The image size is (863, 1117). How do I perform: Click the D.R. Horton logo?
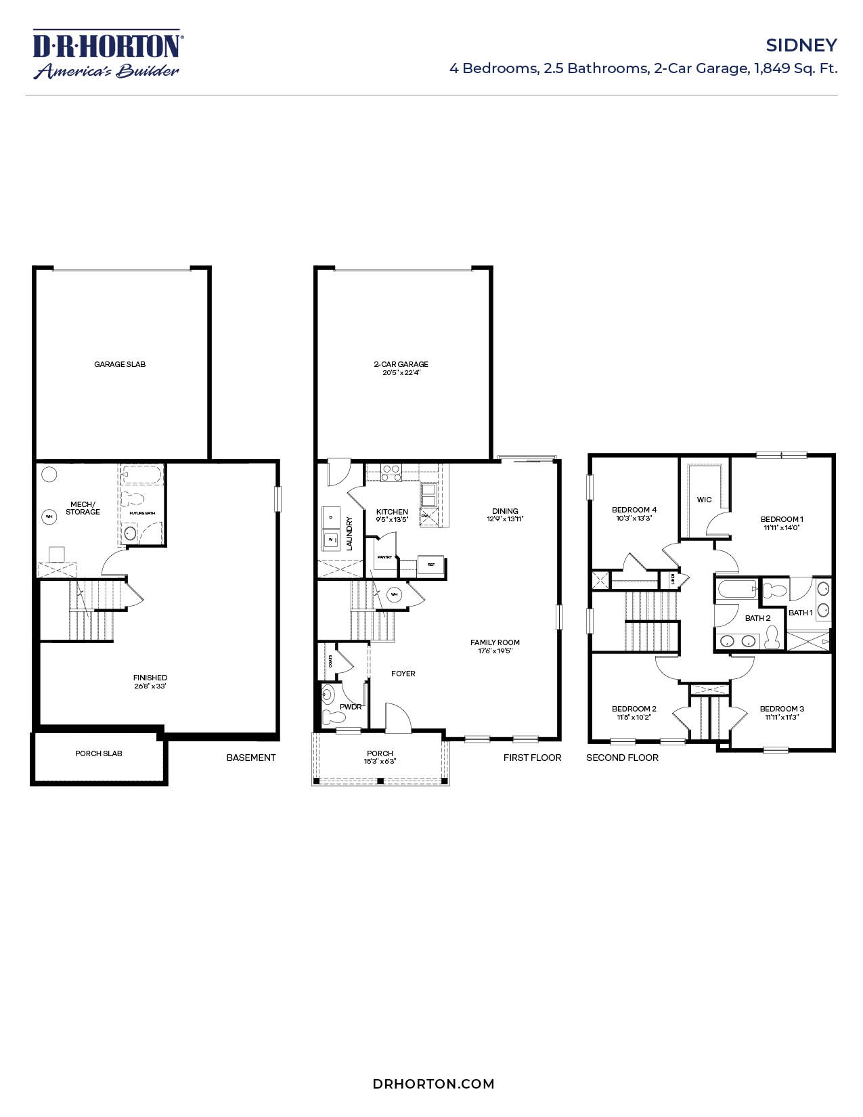[107, 54]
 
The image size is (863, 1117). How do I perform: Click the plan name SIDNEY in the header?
[801, 45]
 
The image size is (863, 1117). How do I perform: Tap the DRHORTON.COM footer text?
[433, 1083]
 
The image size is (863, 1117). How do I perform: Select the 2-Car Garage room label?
[401, 364]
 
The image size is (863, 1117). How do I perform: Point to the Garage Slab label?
[120, 364]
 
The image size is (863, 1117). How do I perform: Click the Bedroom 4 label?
[634, 510]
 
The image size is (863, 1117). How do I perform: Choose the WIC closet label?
[704, 500]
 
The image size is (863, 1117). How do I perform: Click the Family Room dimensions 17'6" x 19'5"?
[495, 651]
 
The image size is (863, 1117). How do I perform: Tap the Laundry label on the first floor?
[350, 533]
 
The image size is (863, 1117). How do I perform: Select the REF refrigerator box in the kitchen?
[430, 564]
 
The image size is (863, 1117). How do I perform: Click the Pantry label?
[384, 557]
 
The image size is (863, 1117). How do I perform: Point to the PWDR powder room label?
[351, 707]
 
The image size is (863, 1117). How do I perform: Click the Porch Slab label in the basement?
[99, 753]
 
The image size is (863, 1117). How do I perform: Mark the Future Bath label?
[142, 513]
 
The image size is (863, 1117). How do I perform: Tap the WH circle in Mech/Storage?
[49, 517]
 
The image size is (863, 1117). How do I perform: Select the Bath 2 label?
[757, 618]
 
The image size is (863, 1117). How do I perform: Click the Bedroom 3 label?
[782, 709]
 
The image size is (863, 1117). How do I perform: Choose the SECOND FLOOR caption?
[622, 758]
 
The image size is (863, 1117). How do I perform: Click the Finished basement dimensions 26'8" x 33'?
[150, 686]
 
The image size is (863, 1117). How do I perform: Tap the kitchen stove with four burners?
[391, 472]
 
